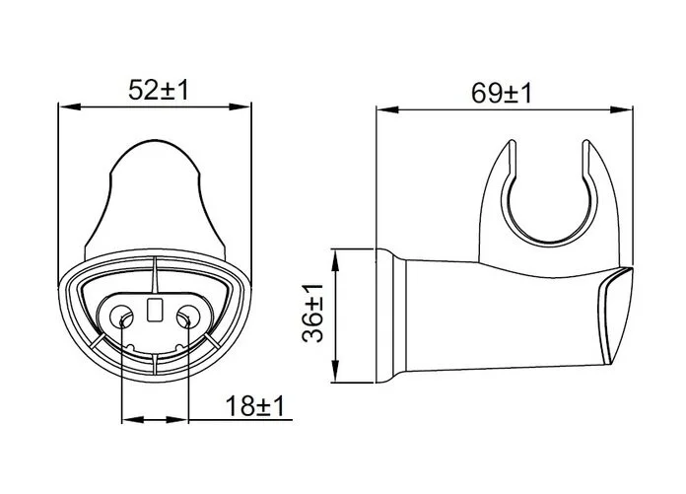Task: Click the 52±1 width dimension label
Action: (x=159, y=90)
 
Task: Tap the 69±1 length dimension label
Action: (x=502, y=93)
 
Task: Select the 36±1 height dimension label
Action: (x=312, y=313)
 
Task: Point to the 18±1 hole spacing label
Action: (x=255, y=405)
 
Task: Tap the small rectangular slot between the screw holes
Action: (x=155, y=310)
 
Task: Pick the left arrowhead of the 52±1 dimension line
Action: (x=70, y=106)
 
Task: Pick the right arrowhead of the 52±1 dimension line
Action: (x=240, y=106)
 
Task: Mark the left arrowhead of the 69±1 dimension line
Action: (x=387, y=109)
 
